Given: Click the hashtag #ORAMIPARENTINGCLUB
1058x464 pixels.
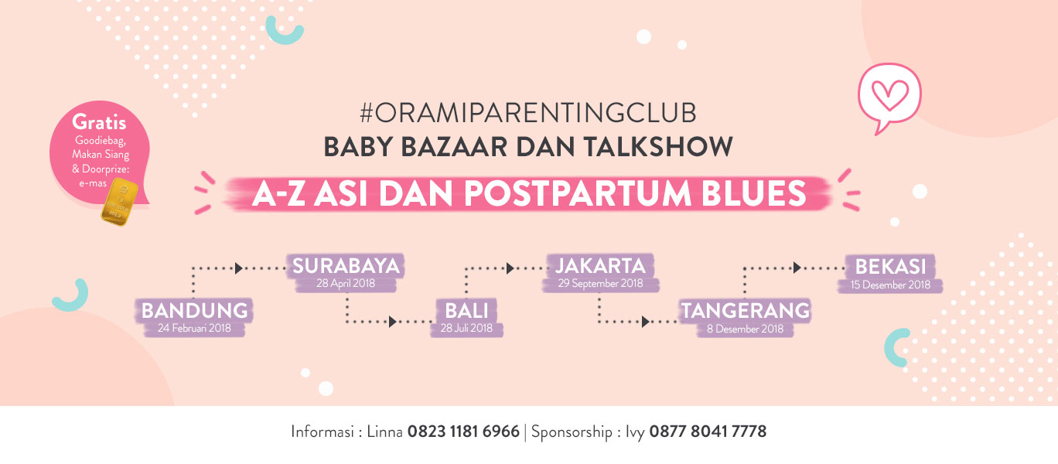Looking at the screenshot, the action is tap(527, 113).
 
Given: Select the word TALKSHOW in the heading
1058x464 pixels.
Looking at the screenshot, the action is tap(658, 146).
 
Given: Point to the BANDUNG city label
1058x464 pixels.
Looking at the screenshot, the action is tap(195, 310).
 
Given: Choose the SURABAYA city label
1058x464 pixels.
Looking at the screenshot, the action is tap(346, 266).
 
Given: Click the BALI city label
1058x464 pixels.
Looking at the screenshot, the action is tap(466, 310).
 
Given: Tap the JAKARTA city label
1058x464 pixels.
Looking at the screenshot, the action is tap(600, 265).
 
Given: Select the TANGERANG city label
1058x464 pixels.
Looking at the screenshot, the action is tap(746, 310).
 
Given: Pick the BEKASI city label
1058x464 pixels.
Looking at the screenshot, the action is tap(890, 267).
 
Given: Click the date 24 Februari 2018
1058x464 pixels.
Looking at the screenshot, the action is tap(194, 328).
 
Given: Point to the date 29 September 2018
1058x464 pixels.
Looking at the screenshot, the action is tap(600, 284).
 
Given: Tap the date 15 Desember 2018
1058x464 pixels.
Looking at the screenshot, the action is tap(890, 285).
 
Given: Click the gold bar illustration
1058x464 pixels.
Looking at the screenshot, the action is tap(120, 202).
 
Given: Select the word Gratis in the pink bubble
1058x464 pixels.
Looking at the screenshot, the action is tap(99, 122).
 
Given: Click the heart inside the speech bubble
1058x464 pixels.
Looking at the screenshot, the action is tap(890, 95).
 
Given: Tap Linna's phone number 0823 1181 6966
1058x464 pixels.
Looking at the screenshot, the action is tap(463, 432).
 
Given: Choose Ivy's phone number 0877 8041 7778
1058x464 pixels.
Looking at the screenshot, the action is tap(708, 432).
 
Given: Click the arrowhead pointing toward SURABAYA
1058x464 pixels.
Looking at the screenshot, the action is tap(238, 268).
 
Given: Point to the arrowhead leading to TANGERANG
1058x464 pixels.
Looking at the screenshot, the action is tap(645, 322).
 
